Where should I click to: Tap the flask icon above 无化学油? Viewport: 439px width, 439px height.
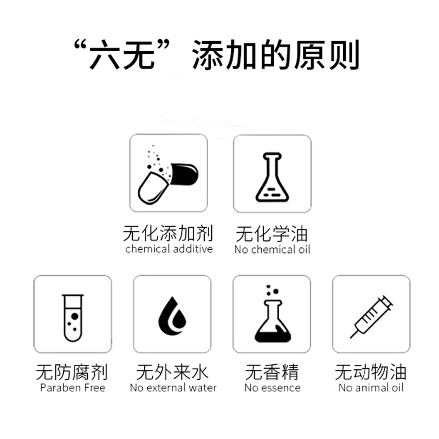[x=272, y=177]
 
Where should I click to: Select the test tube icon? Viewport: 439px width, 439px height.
[x=73, y=318]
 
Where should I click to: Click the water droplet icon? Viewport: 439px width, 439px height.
[x=172, y=316]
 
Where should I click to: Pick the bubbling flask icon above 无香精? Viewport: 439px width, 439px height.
[x=273, y=313]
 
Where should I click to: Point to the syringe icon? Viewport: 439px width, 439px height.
[x=372, y=317]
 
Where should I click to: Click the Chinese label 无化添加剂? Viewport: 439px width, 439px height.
[x=168, y=233]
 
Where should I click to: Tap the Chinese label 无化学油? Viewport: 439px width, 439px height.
[x=272, y=234]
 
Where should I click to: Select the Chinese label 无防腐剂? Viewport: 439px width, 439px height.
[x=72, y=373]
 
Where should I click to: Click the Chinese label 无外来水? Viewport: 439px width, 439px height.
[x=172, y=373]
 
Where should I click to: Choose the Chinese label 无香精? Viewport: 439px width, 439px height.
[x=272, y=373]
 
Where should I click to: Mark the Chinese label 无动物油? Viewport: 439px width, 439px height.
[x=371, y=373]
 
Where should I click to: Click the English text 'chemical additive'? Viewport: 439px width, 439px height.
[x=169, y=249]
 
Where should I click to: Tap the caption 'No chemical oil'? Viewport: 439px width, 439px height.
[x=272, y=250]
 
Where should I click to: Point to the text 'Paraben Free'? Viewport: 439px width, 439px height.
[x=73, y=388]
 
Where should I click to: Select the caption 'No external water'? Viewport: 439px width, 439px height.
[x=173, y=388]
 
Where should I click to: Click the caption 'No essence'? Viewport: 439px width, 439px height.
[x=272, y=388]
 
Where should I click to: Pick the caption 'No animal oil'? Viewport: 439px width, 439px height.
[x=372, y=388]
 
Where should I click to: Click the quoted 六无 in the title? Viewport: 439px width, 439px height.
[x=122, y=54]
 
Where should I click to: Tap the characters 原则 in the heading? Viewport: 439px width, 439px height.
[x=327, y=54]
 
